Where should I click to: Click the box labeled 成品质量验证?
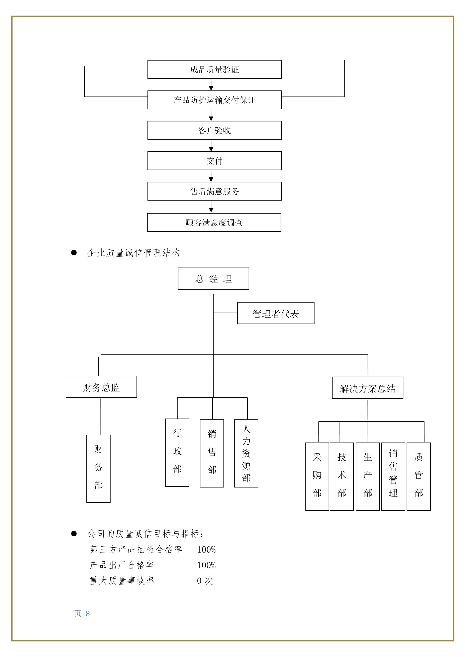click(x=214, y=69)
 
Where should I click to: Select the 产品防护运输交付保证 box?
click(x=214, y=100)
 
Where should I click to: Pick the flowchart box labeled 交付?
click(x=214, y=161)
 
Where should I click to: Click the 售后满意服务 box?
click(x=214, y=191)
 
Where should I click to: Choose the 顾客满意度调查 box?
click(x=214, y=222)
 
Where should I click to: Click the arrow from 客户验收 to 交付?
click(x=211, y=146)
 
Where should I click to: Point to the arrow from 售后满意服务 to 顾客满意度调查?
click(x=211, y=207)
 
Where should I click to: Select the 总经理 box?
click(x=213, y=278)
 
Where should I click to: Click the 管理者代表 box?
click(x=276, y=313)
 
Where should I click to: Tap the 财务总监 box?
click(x=101, y=387)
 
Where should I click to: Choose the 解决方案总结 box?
click(x=368, y=388)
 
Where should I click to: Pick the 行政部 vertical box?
click(x=177, y=453)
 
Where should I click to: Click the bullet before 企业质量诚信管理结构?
click(x=74, y=252)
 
